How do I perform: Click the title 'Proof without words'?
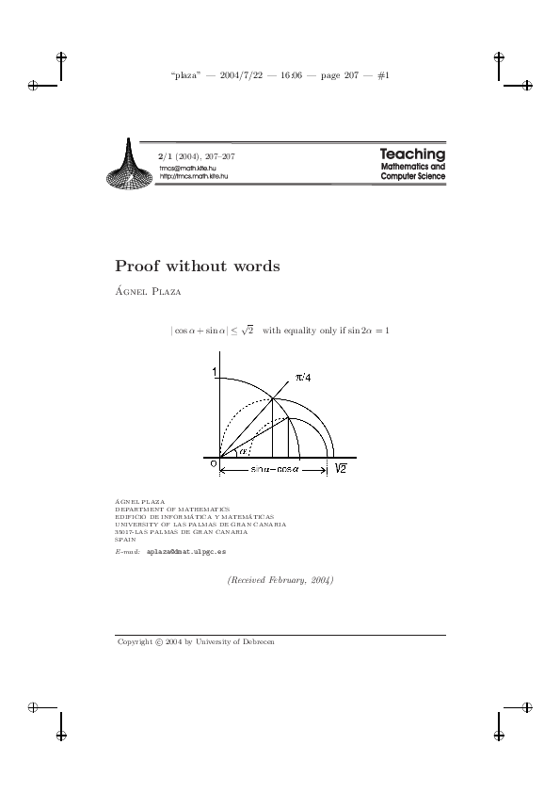tap(198, 267)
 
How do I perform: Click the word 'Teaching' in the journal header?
tap(412, 154)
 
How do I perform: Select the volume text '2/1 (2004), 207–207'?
tap(197, 155)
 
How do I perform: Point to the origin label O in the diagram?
tap(213, 463)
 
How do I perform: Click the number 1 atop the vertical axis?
tap(214, 373)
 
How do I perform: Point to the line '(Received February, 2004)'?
tap(280, 580)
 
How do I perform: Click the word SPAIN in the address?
tap(125, 539)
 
